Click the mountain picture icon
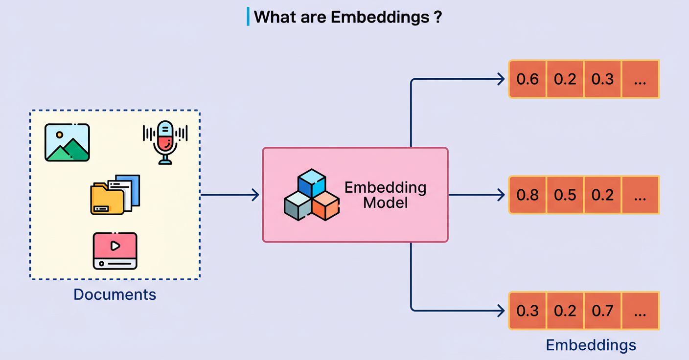point(67,142)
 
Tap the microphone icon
point(165,142)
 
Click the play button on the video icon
point(115,246)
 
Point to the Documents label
point(115,294)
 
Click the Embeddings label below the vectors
point(591,345)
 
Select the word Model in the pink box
point(385,202)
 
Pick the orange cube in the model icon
point(325,205)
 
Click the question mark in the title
point(437,18)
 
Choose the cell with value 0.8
point(528,195)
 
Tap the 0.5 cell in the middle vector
point(565,195)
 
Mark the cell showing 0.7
point(602,311)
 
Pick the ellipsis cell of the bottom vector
point(640,311)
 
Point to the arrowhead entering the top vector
point(501,79)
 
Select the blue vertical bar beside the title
point(248,17)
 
